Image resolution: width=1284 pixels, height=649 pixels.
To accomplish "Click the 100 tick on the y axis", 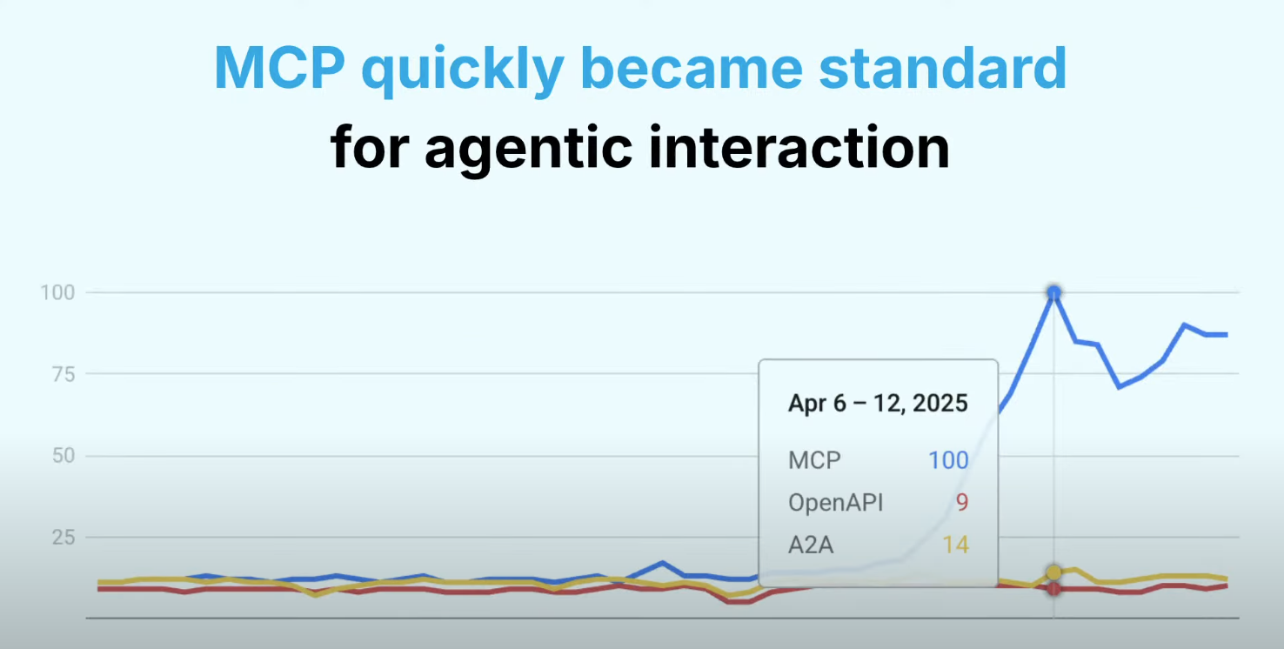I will (57, 292).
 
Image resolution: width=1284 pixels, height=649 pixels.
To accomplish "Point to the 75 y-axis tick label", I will (61, 374).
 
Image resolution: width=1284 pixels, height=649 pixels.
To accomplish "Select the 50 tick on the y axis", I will (61, 456).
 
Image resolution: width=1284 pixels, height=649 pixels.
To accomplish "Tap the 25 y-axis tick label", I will (61, 538).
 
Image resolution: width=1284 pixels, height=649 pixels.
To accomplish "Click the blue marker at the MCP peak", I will (1054, 293).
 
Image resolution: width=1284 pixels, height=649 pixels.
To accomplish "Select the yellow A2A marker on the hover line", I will (1054, 572).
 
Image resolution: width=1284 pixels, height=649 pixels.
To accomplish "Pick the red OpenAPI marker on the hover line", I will (1054, 589).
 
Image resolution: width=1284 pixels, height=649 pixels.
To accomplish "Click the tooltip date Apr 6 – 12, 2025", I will (878, 404).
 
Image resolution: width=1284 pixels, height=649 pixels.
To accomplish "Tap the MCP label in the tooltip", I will (815, 459).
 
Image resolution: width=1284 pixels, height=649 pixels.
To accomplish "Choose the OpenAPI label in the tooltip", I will (835, 503).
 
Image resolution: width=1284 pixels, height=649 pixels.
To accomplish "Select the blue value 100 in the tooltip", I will (948, 459).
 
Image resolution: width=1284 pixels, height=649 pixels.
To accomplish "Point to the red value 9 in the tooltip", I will (961, 503).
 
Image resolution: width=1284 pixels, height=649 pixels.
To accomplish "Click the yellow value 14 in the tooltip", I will (955, 545).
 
